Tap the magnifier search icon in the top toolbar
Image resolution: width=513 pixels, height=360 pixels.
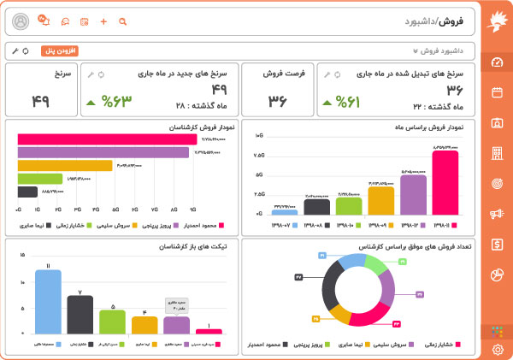tap(122, 21)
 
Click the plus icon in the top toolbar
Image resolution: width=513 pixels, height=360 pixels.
tap(103, 21)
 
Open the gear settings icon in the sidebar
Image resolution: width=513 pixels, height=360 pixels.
tap(498, 350)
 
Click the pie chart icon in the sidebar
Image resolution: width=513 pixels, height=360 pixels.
tap(498, 274)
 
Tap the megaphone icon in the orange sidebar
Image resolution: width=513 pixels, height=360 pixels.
tap(498, 214)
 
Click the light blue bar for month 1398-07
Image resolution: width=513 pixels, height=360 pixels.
tap(285, 211)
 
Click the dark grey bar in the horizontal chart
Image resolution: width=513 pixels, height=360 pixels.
tap(27, 192)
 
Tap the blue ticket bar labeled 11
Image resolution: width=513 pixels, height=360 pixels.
tap(48, 302)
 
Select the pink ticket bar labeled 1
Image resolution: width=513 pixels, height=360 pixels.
tap(209, 331)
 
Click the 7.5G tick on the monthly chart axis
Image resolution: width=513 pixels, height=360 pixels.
tap(259, 156)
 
